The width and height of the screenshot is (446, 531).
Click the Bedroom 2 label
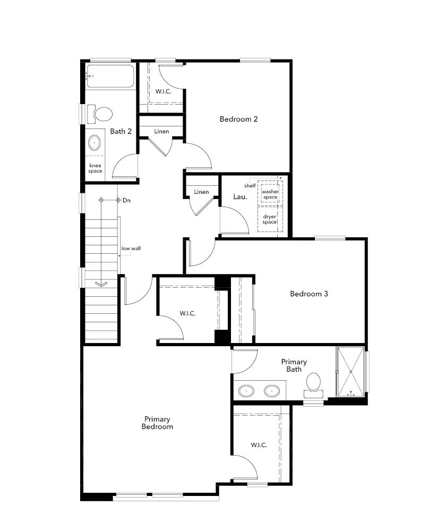238,119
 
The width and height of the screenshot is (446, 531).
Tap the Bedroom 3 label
308,294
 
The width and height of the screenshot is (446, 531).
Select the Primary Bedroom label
157,423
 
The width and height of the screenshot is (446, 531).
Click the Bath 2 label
121,131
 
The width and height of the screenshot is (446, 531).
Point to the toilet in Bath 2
101,113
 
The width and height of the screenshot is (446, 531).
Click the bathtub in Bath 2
110,77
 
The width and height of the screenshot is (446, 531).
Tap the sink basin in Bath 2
95,142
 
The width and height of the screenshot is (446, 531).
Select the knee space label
95,168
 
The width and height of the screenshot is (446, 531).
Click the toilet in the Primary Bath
313,383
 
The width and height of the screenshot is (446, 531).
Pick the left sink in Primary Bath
246,391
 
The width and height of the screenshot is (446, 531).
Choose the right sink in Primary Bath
272,391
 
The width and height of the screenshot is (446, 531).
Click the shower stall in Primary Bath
350,371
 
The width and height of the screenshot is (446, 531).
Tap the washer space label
270,194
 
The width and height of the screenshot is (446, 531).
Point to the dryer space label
269,219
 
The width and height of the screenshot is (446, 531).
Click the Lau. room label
239,197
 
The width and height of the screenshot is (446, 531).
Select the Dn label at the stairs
126,201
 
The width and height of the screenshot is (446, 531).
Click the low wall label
131,249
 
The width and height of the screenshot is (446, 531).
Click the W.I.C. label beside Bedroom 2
163,91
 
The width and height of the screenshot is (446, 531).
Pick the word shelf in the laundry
250,186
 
